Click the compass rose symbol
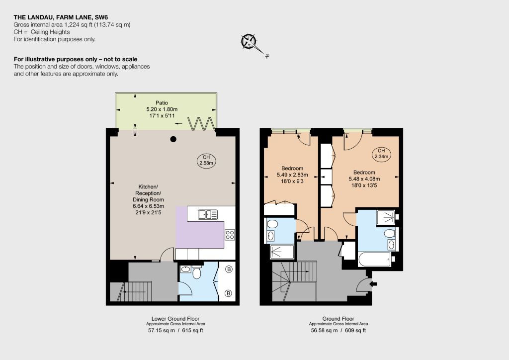[x=249, y=42]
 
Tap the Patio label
[x=162, y=103]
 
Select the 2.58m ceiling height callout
[x=206, y=160]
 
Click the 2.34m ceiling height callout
[x=381, y=154]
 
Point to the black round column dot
[x=173, y=139]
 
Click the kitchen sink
[x=208, y=215]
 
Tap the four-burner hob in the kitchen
[x=230, y=235]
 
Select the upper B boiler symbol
[x=229, y=269]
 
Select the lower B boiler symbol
[x=229, y=293]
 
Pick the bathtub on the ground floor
[x=375, y=260]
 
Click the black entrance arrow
[x=374, y=284]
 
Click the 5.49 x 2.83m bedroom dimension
[x=292, y=175]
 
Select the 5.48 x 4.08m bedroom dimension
[x=364, y=179]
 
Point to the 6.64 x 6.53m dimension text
[x=148, y=206]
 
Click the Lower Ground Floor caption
[x=175, y=319]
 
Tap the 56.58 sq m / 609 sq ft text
[x=338, y=331]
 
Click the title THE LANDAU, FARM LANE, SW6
[x=61, y=17]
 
